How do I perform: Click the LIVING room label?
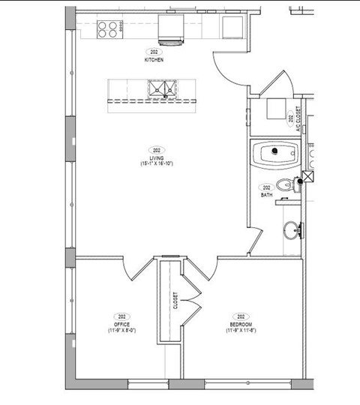point(157,157)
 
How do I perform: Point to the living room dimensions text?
point(157,163)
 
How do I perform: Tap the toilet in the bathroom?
point(286,185)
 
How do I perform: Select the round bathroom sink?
point(292,229)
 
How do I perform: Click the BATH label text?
point(266,194)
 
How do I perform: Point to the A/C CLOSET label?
point(298,119)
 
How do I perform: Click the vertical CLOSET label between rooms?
point(175,301)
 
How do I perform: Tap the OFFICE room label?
point(121,324)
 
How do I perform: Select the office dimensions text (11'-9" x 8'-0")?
point(121,330)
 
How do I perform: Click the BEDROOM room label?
point(241,324)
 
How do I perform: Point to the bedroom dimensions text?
point(241,330)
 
